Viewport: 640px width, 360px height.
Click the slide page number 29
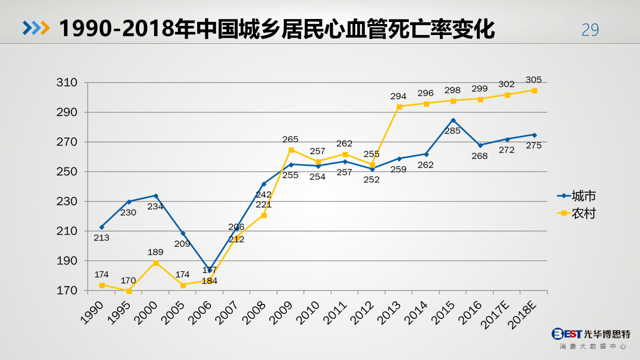click(590, 30)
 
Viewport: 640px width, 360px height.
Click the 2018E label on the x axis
click(523, 316)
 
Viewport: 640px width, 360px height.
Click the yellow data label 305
click(533, 80)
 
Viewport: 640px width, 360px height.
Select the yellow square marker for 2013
click(399, 106)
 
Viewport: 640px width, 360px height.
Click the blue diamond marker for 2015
click(453, 120)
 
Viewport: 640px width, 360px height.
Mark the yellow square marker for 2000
click(156, 263)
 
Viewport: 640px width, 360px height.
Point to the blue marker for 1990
click(102, 227)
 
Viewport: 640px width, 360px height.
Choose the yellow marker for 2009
click(291, 150)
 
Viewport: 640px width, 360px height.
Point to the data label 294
click(399, 96)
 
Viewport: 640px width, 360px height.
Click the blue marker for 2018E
click(534, 135)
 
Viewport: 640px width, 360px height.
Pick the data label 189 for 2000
click(156, 252)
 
